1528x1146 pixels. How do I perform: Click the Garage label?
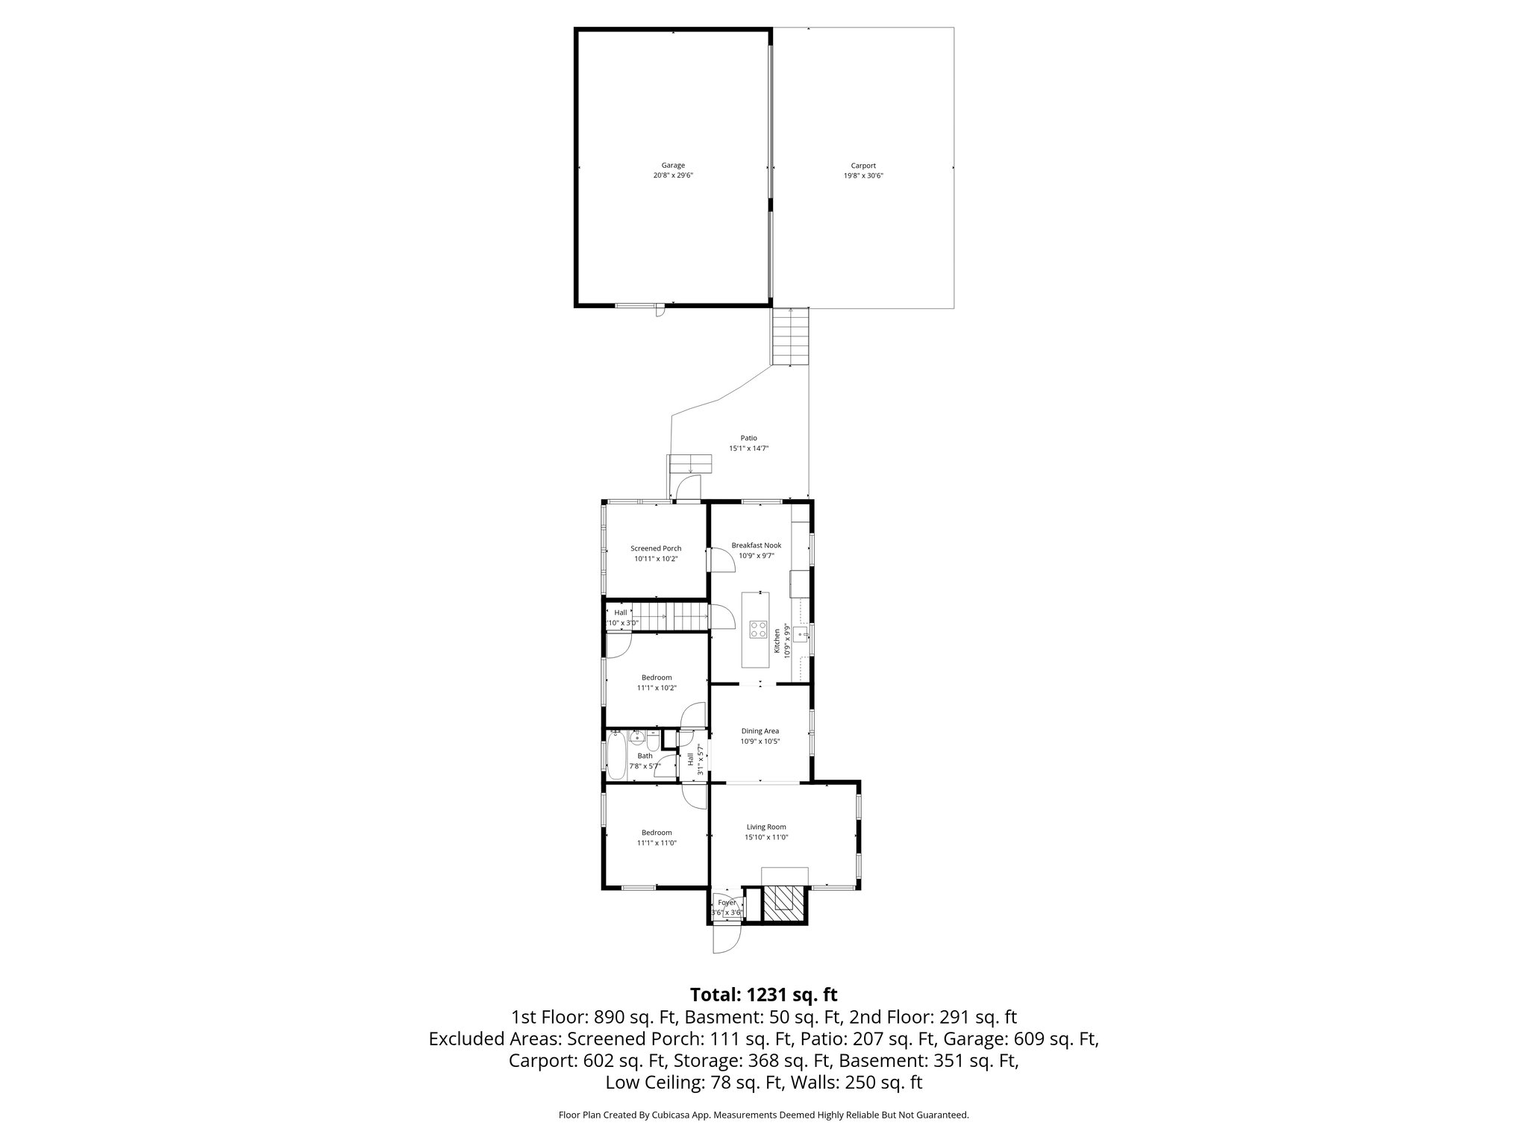click(673, 166)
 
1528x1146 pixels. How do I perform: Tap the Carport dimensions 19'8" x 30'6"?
click(863, 176)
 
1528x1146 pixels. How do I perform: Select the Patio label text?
click(748, 438)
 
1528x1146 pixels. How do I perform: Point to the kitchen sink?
click(803, 636)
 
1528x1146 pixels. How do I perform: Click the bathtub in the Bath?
click(616, 755)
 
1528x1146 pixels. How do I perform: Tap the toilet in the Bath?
click(653, 743)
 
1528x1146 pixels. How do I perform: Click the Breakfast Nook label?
click(756, 545)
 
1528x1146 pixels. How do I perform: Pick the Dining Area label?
click(760, 731)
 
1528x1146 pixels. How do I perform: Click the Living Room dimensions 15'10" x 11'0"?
click(766, 837)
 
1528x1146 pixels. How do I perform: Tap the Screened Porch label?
click(656, 548)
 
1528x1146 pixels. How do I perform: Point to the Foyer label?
click(727, 903)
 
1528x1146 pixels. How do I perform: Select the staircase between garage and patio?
click(790, 336)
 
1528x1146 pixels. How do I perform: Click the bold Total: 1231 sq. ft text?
click(763, 995)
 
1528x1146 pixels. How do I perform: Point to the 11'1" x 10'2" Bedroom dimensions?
click(657, 688)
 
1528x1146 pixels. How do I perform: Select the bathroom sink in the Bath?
click(637, 739)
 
